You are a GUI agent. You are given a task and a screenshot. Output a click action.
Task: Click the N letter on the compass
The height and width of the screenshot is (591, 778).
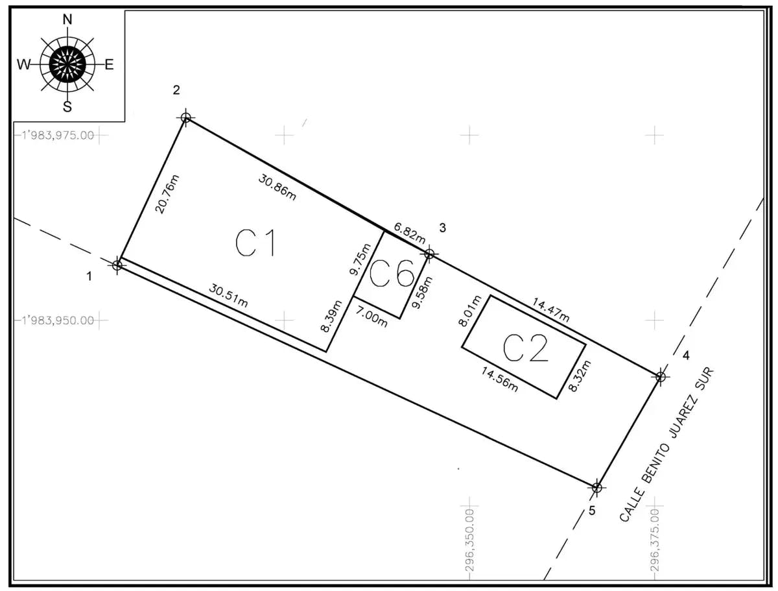pyautogui.click(x=67, y=20)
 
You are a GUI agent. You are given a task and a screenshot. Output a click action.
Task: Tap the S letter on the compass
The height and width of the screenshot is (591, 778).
pyautogui.click(x=67, y=107)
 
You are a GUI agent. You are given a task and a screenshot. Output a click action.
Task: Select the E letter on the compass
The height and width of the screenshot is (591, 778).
pyautogui.click(x=109, y=64)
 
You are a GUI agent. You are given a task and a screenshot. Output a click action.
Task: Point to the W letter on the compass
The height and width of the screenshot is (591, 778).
pyautogui.click(x=24, y=64)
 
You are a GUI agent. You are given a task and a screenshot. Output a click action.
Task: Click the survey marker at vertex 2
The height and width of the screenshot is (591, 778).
pyautogui.click(x=186, y=117)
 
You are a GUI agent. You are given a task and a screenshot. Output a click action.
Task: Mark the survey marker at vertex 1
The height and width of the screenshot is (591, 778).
pyautogui.click(x=117, y=265)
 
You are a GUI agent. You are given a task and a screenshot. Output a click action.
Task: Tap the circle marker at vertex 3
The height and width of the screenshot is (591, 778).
pyautogui.click(x=429, y=254)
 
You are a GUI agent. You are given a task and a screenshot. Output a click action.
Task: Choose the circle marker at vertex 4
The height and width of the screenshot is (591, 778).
pyautogui.click(x=661, y=376)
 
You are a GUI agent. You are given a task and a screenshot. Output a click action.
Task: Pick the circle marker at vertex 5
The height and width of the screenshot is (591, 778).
pyautogui.click(x=597, y=487)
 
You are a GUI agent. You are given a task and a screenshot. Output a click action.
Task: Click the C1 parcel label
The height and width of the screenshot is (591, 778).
pyautogui.click(x=256, y=243)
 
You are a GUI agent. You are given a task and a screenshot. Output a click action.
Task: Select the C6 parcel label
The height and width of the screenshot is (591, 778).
pyautogui.click(x=392, y=275)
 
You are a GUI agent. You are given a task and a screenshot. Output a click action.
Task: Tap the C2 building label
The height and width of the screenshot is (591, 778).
pyautogui.click(x=526, y=348)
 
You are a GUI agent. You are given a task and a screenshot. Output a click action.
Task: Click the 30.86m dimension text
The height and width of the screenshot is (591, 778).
pyautogui.click(x=277, y=188)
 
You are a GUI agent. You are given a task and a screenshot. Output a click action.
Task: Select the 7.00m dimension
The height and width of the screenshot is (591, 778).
pyautogui.click(x=371, y=318)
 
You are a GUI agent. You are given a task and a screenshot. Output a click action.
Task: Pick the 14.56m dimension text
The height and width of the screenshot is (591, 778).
pyautogui.click(x=499, y=380)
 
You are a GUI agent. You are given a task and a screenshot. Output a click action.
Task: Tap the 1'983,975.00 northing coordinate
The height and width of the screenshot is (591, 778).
pyautogui.click(x=59, y=136)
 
